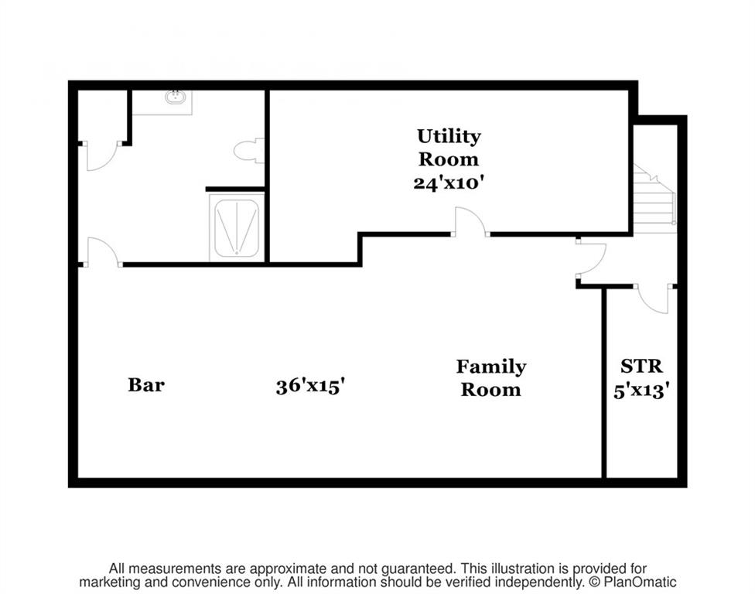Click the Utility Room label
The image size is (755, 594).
449,147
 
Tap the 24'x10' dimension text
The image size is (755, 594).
449,183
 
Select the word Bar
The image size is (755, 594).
146,384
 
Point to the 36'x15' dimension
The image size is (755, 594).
310,386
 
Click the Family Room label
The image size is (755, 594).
491,378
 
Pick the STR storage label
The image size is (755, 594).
641,367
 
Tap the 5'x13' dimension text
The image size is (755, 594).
642,391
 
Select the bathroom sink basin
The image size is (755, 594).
176,97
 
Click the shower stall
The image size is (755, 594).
237,227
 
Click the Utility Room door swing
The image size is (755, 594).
471,221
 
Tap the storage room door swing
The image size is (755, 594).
654,299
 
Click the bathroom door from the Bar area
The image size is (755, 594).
103,251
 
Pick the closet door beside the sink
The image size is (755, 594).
102,156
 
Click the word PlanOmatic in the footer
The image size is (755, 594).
640,582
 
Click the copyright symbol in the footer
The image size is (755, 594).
595,582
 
